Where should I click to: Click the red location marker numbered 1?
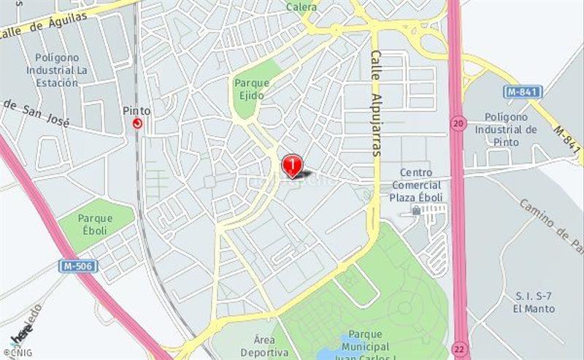292,164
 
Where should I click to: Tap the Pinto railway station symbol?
137,123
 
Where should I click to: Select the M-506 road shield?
77,266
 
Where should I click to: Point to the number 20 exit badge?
458,124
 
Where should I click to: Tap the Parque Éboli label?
95,223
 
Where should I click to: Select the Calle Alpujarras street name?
377,102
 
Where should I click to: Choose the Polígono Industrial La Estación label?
62,70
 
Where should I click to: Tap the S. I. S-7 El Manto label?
534,302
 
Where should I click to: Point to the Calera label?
301,7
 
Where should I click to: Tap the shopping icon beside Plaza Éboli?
416,210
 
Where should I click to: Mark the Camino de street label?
549,223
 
